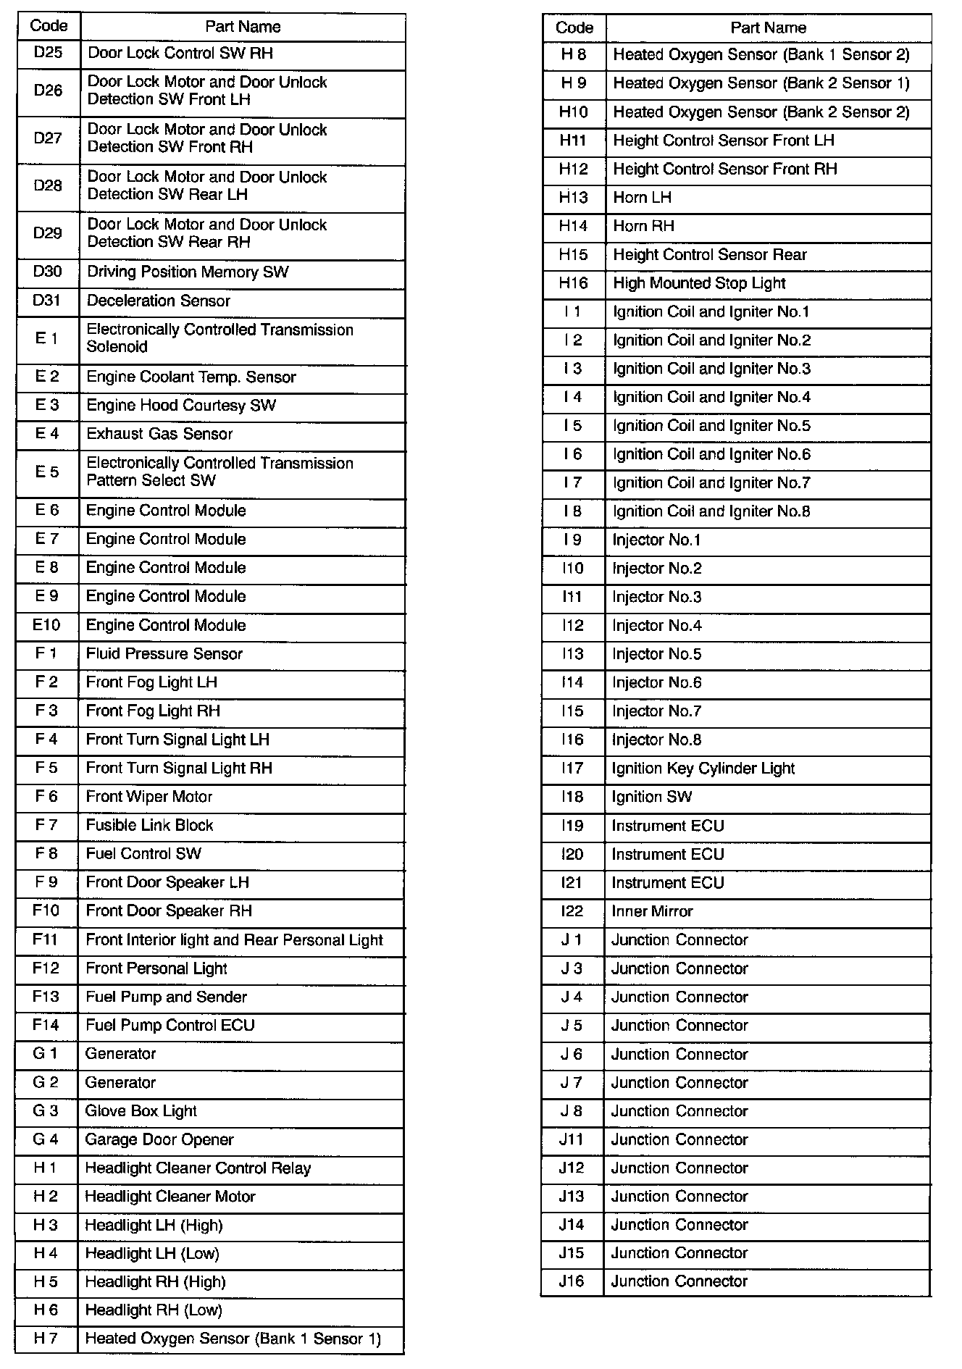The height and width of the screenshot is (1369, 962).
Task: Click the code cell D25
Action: point(48,53)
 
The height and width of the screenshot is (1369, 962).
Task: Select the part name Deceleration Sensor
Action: point(158,301)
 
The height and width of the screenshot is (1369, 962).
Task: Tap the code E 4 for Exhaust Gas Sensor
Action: point(47,434)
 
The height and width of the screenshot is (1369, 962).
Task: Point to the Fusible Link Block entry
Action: point(149,825)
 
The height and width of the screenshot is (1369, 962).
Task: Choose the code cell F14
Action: point(46,1025)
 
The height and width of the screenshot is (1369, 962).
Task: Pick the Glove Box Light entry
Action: point(141,1111)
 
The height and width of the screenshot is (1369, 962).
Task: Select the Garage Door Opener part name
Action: point(159,1139)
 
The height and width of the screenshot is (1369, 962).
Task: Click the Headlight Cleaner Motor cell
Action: point(170,1197)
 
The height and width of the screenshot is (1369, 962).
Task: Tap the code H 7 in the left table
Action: point(45,1339)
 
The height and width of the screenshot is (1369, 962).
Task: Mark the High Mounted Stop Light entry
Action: point(699,283)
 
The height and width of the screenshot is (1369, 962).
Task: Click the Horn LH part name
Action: point(642,198)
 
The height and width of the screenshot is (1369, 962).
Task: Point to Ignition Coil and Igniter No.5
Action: point(711,426)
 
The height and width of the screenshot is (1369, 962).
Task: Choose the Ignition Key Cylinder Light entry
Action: point(703,769)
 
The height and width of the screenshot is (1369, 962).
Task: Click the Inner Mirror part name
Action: point(652,911)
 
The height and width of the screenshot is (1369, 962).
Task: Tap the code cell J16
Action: point(572,1281)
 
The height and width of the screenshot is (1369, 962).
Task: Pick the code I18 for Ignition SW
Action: point(572,797)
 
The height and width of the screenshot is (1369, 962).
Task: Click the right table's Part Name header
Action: point(768,28)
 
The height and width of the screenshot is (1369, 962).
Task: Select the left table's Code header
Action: point(49,26)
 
